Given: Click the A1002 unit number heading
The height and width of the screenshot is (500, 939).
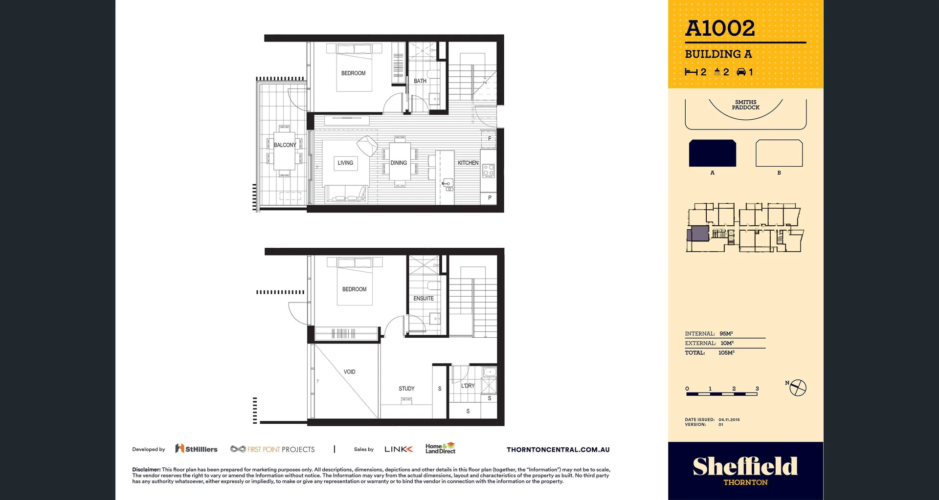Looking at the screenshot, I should [x=720, y=28].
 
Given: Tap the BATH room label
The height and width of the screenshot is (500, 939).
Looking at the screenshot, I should [x=420, y=81].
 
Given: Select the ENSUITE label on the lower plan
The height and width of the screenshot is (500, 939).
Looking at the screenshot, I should [x=424, y=298].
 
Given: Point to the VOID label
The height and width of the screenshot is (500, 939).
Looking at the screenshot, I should [x=349, y=372].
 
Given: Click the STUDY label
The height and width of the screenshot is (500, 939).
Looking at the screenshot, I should [x=406, y=389].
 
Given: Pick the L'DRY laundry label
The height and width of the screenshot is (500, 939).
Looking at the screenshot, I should [x=468, y=386].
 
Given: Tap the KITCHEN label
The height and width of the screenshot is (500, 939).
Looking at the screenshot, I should [x=468, y=163].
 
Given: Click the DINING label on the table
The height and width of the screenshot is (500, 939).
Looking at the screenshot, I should [x=399, y=163].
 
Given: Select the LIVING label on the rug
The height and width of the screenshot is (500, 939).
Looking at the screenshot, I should [x=345, y=163].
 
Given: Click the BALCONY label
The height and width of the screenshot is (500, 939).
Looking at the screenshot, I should [x=285, y=145].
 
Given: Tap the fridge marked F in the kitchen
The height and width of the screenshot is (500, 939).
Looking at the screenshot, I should [x=489, y=139].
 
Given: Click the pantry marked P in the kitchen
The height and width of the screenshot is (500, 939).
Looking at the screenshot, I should [x=490, y=198].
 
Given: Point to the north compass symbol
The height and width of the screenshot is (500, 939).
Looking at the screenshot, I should [x=798, y=388].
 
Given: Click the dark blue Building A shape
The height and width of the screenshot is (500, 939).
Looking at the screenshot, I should [x=712, y=153].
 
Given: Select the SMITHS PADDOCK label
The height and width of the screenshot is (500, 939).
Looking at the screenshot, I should [x=745, y=105].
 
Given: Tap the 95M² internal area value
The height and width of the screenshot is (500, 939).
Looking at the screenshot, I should [x=726, y=334].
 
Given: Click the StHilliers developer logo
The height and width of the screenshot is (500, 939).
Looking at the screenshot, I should [x=197, y=449].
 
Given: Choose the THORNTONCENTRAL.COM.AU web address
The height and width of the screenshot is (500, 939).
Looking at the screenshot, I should [x=558, y=450].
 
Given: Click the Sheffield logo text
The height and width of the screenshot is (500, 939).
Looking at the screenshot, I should [x=745, y=466].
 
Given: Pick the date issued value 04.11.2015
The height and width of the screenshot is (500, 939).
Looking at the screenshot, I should [x=729, y=420].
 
